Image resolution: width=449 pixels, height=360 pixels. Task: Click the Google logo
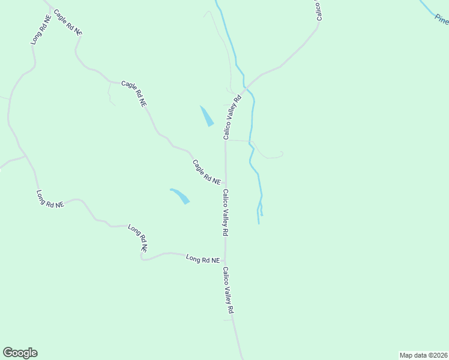click(x=20, y=353)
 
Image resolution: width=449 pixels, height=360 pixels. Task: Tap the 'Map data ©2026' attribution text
click(x=424, y=355)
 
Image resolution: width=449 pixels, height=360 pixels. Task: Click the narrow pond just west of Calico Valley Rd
click(x=206, y=116)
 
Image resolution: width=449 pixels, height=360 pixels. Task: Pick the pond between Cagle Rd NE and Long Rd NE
click(x=180, y=196)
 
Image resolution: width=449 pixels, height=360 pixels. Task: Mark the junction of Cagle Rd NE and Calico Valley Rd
click(x=226, y=186)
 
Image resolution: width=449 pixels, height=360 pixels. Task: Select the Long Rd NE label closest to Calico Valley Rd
click(x=203, y=259)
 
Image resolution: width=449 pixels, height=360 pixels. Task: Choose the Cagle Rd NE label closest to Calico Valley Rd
click(x=206, y=172)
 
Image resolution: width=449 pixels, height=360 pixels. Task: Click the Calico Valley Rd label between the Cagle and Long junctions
click(x=226, y=212)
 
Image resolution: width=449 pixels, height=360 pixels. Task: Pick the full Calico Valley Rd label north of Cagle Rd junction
click(x=232, y=117)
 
